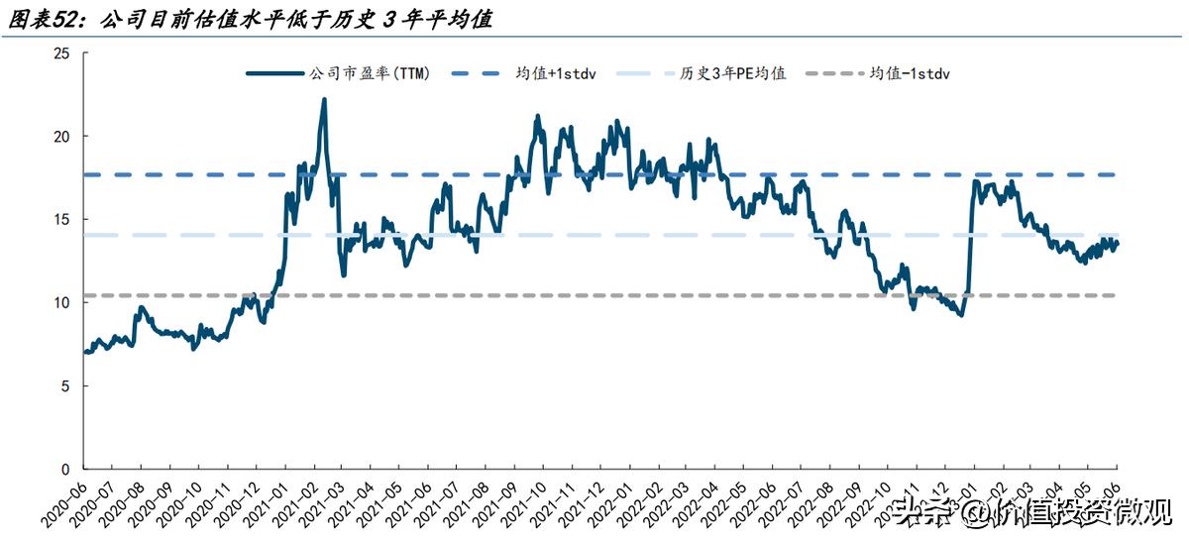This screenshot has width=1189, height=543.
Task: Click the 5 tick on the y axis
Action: [x=65, y=385]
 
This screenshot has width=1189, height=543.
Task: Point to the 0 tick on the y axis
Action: [x=65, y=469]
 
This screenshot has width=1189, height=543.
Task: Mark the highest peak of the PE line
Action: [x=324, y=99]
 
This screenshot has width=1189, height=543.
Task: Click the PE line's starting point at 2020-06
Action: [x=85, y=352]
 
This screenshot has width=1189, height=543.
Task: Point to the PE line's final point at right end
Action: [x=1118, y=243]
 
